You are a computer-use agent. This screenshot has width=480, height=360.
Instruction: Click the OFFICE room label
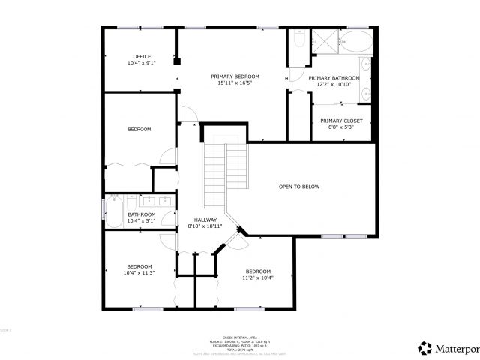(142, 56)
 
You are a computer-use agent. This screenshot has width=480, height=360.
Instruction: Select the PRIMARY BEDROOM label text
(235, 76)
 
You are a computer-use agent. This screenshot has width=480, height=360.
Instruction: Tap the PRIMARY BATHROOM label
(334, 78)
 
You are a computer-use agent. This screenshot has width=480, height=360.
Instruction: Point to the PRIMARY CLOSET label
(341, 121)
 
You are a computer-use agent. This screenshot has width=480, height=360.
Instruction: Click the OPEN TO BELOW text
(299, 187)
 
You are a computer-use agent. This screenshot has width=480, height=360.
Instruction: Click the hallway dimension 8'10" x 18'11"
(204, 226)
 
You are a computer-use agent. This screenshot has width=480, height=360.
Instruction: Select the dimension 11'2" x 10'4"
(257, 277)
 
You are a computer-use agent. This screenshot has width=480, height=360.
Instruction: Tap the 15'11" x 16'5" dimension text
(235, 83)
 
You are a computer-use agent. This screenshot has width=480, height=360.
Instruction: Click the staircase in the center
(226, 168)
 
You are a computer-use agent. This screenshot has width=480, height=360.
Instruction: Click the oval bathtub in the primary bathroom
(354, 42)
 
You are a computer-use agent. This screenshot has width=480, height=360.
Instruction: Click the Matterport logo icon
(425, 347)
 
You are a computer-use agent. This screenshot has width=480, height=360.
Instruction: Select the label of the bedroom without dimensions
(139, 130)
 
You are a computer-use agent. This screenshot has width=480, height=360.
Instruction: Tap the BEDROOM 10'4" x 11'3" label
(139, 269)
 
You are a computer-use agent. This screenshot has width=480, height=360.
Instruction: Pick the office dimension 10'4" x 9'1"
(142, 63)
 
